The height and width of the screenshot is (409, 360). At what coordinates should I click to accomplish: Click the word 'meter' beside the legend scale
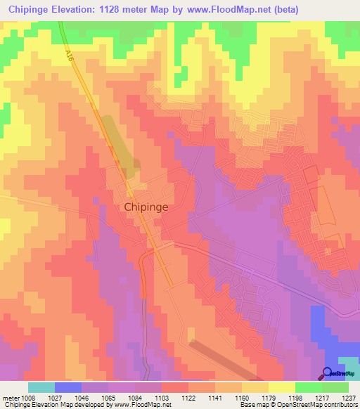tap(11, 397)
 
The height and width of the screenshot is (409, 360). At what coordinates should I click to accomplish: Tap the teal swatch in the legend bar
tap(41, 387)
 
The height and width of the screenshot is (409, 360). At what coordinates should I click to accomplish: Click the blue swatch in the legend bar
tap(67, 387)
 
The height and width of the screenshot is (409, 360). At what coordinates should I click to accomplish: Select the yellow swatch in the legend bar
tap(281, 387)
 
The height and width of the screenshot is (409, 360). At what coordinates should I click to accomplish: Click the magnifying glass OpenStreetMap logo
tap(328, 374)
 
